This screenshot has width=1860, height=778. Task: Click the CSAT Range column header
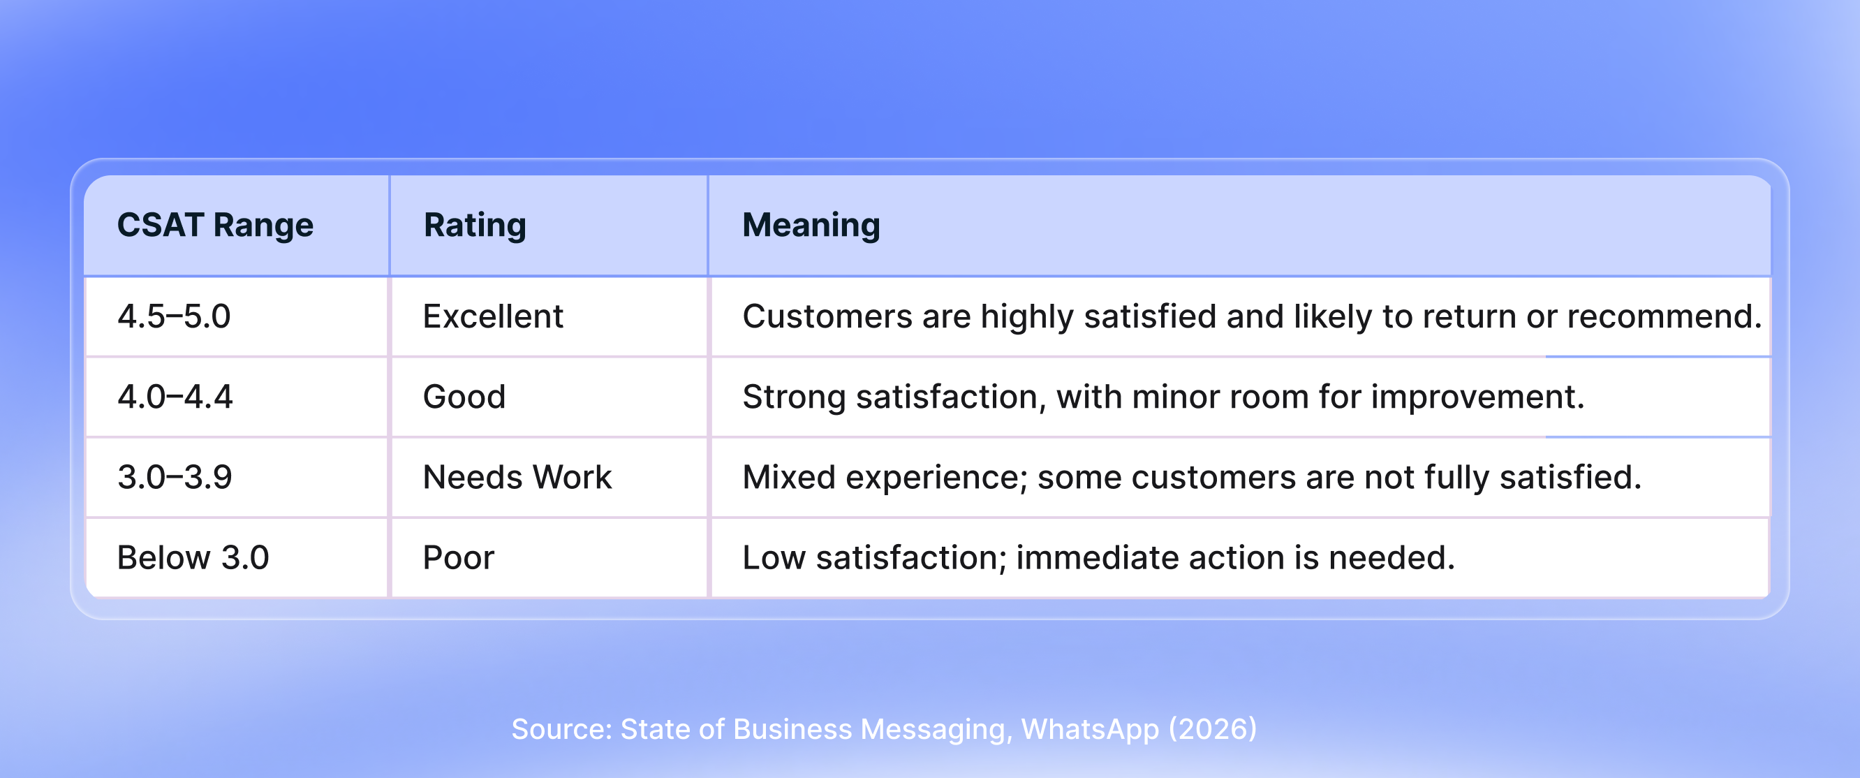click(x=215, y=225)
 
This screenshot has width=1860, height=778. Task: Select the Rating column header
click(x=474, y=225)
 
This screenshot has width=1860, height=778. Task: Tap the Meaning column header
click(x=811, y=225)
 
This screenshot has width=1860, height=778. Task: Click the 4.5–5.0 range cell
click(x=174, y=316)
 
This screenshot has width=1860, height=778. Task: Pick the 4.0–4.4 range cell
click(x=175, y=397)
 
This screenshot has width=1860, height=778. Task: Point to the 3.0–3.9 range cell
click(x=175, y=477)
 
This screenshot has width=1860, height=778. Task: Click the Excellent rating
click(x=492, y=316)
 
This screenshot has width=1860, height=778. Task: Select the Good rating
click(x=464, y=397)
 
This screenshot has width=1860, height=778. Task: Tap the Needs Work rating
click(x=517, y=477)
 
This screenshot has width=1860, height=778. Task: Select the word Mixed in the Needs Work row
click(x=788, y=477)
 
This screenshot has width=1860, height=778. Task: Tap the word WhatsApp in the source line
click(x=1090, y=729)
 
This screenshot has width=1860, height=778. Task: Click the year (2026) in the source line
click(x=1213, y=729)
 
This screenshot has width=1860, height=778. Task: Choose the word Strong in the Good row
click(x=794, y=397)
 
